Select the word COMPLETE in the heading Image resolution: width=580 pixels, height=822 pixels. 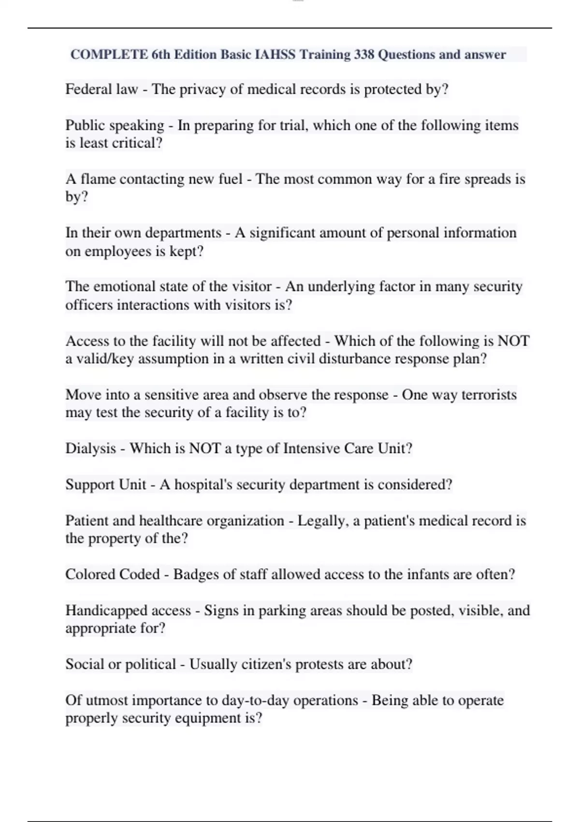pyautogui.click(x=109, y=55)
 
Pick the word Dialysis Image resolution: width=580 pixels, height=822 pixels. pyautogui.click(x=91, y=449)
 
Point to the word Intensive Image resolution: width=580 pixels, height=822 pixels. pyautogui.click(x=312, y=449)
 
